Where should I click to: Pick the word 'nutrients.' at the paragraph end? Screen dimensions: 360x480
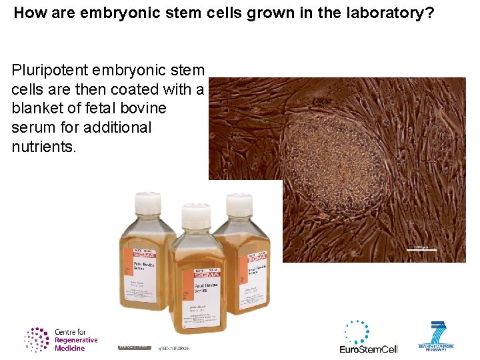click(x=44, y=147)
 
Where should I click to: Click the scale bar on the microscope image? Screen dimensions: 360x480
click(x=421, y=250)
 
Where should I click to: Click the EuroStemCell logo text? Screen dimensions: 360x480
click(x=368, y=349)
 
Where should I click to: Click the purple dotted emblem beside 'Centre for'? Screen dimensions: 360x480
click(x=37, y=339)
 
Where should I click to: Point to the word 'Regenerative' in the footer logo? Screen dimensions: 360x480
click(x=76, y=340)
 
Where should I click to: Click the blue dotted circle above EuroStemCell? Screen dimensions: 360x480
click(x=357, y=331)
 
